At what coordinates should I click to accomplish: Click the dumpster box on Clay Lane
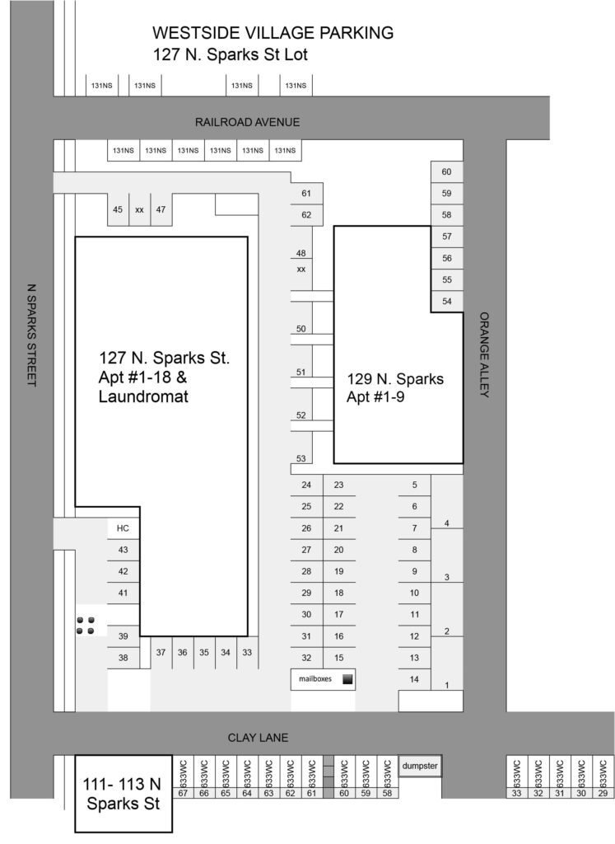pos(420,766)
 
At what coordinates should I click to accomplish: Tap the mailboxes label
pos(314,680)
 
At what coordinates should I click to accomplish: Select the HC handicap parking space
pos(123,528)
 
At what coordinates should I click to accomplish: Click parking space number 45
pos(118,210)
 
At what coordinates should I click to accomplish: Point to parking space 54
pos(447,302)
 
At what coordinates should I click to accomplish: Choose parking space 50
pos(301,330)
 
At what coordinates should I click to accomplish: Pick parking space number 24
pos(306,485)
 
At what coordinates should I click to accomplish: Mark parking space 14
pos(414,679)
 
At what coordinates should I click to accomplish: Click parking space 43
pos(123,550)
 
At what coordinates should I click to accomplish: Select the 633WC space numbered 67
pos(183,794)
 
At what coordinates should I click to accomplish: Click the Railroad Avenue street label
pos(247,122)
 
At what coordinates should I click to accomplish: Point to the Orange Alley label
pos(484,354)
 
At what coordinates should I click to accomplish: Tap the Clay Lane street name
pos(259,738)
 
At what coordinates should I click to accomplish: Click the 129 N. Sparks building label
pos(394,387)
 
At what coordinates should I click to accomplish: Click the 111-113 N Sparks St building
pos(123,793)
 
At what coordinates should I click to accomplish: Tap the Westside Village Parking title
pos(273,33)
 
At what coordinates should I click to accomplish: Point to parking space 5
pos(414,485)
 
